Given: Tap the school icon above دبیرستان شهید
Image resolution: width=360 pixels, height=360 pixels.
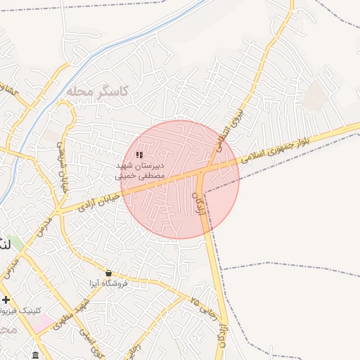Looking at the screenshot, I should tap(139, 154).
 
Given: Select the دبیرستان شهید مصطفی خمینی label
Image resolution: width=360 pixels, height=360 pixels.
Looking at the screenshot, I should tap(141, 169).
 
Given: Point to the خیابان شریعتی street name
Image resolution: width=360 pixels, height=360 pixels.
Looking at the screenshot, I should tap(61, 161).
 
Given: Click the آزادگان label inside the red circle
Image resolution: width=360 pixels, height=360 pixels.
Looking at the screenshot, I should tap(195, 188).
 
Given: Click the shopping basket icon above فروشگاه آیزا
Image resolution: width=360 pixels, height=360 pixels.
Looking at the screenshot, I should tap(108, 273).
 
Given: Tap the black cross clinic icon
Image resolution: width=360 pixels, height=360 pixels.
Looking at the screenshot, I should tap(6, 300).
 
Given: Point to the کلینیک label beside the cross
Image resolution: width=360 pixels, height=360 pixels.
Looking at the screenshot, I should tap(28, 310).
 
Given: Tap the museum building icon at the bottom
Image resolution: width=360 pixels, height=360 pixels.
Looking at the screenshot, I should tap(36, 354).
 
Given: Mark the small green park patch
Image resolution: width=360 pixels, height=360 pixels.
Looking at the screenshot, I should tap(15, 243).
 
